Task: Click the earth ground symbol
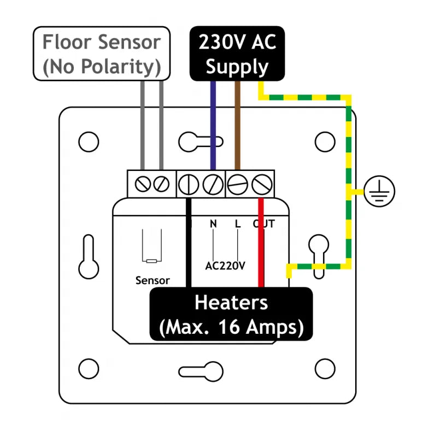point(380,192)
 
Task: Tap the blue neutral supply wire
point(213,126)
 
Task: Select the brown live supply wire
point(237,126)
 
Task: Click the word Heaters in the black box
point(231,302)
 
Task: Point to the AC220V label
point(225,267)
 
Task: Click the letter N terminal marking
point(214,223)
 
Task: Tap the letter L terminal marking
point(237,223)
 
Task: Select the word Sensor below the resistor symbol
point(152,281)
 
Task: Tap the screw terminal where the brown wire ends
point(237,184)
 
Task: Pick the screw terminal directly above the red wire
point(262,184)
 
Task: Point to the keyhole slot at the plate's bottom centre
point(201,372)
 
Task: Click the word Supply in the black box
point(237,67)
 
